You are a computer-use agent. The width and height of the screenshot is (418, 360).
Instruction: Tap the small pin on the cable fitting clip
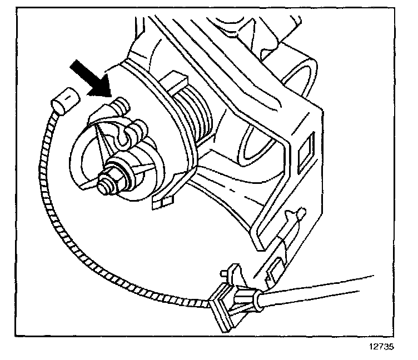click(224, 273)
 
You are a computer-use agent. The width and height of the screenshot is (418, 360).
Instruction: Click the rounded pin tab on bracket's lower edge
click(301, 212)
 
